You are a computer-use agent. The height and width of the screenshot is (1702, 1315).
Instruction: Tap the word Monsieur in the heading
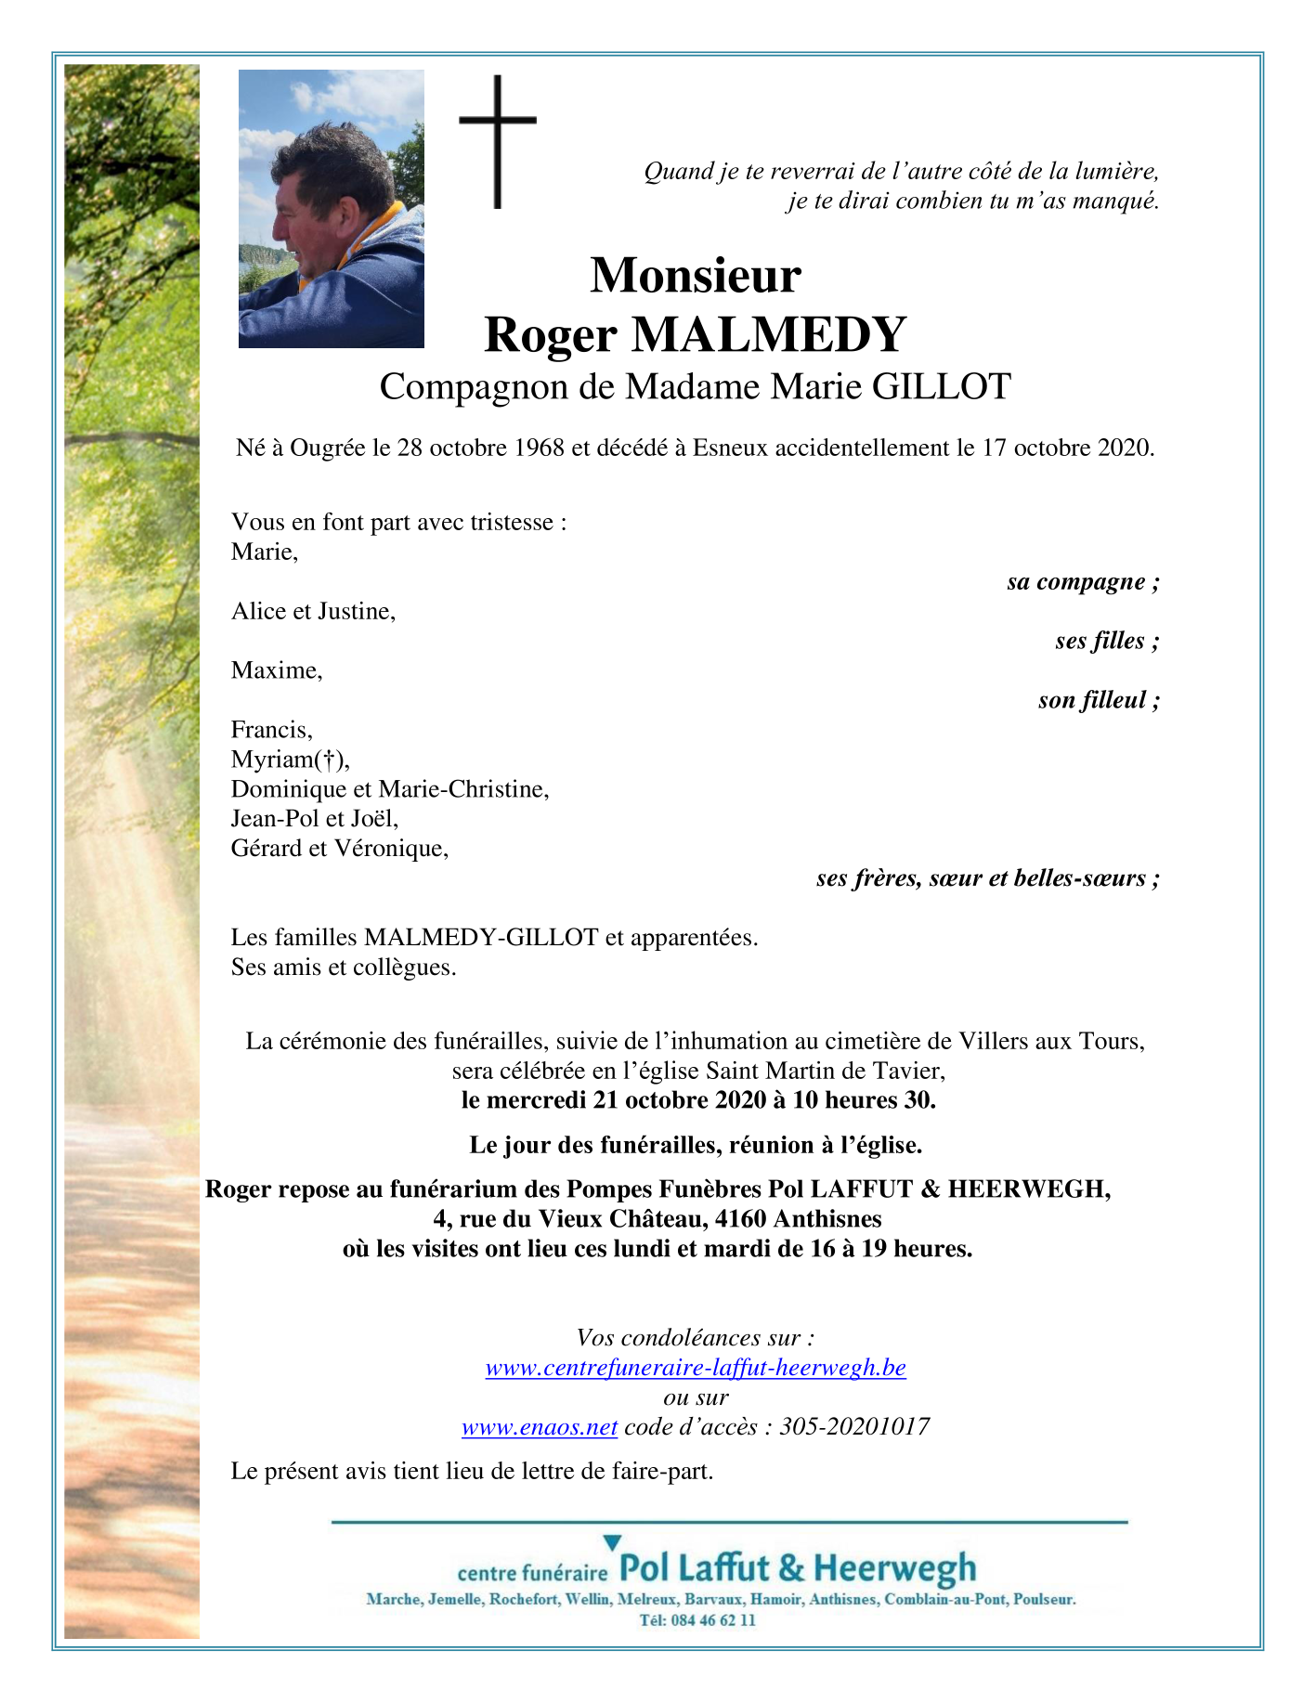coord(695,275)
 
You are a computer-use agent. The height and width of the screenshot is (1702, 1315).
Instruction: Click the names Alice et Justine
coord(313,611)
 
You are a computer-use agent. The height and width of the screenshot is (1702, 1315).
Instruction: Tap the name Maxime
coord(276,670)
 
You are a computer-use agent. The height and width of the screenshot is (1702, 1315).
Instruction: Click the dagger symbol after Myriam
coord(330,760)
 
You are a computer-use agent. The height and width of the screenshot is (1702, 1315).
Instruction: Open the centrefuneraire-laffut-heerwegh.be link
coord(696,1368)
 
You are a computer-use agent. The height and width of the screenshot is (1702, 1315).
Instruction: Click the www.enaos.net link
coord(539,1427)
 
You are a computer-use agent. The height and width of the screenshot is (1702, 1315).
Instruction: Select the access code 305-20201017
coord(854,1427)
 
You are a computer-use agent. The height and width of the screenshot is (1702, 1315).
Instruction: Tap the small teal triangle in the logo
coord(612,1543)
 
